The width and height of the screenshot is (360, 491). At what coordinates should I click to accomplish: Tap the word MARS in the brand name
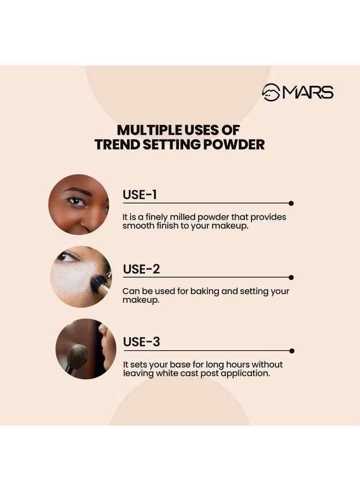coord(308,93)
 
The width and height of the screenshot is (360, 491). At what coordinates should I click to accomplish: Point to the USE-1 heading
coord(140,195)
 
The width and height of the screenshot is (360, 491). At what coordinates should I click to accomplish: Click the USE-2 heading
coord(141,269)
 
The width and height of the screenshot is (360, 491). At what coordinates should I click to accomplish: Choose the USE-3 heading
coord(141,342)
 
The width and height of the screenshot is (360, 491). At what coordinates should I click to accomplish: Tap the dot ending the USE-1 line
coord(291,203)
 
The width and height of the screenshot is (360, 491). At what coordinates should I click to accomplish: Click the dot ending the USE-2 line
coord(291,277)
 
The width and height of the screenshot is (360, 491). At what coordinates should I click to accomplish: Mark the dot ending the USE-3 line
coord(292,351)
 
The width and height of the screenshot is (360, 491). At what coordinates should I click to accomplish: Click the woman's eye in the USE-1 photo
coord(77,201)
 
